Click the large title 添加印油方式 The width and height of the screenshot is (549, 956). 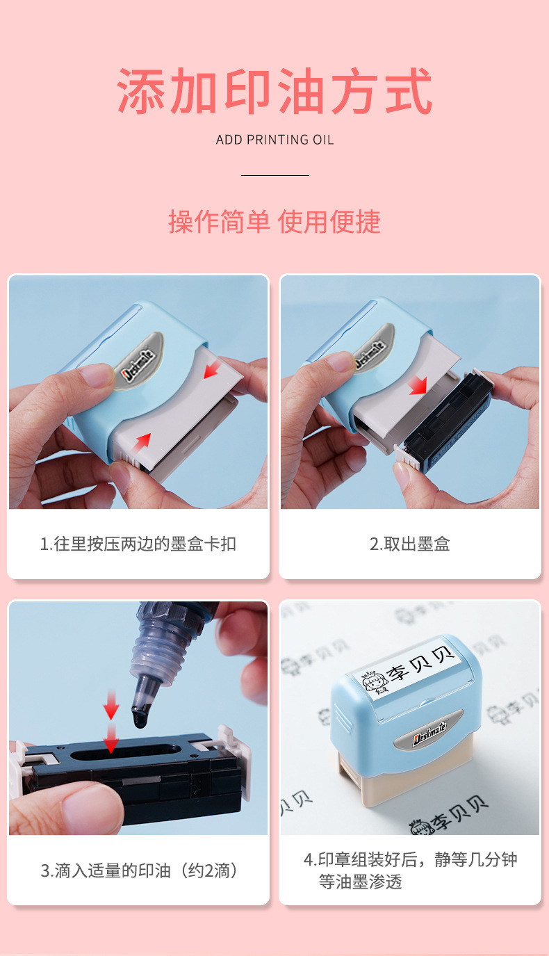pos(274,91)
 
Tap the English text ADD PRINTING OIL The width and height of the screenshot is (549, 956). pos(274,140)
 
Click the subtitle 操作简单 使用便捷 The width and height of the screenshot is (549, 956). pos(274,222)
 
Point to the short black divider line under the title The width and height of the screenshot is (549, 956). pos(274,175)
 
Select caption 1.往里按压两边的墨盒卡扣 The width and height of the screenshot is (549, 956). pos(138,544)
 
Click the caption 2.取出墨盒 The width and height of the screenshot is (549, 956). pos(409,544)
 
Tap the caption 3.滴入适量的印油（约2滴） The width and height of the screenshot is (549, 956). pos(138,870)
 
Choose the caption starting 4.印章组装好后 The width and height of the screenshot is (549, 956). pos(410,870)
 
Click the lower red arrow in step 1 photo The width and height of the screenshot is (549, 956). pos(141,443)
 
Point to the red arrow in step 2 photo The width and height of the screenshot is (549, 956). pos(418,385)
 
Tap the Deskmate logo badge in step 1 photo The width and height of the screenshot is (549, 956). pos(138,363)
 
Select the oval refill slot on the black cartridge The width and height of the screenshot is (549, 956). pos(125,752)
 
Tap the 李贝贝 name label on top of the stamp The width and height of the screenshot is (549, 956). pos(407,669)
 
